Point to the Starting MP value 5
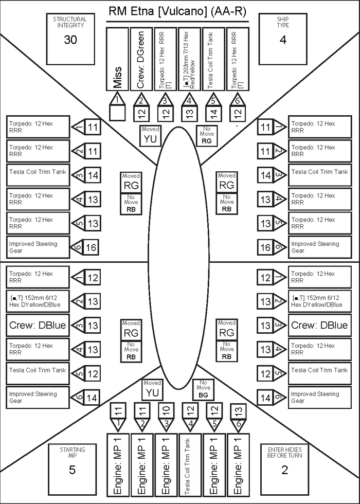[72, 470]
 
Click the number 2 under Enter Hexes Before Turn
[284, 470]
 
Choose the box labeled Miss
[117, 59]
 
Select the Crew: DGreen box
[141, 59]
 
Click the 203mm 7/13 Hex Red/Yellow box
[190, 59]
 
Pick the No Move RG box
[207, 135]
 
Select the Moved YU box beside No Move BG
[152, 390]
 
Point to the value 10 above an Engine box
[166, 410]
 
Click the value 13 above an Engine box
[238, 410]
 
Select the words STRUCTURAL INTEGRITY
[70, 22]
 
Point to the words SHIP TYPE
[283, 22]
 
